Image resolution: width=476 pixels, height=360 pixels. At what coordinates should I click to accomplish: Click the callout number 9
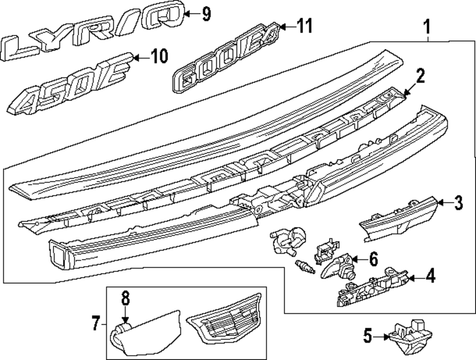click(206, 14)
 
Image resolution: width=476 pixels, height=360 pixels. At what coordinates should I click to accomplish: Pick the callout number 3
click(457, 203)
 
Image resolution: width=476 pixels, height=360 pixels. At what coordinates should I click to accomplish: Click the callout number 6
click(373, 260)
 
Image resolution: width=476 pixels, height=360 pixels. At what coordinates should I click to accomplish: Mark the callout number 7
click(95, 326)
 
